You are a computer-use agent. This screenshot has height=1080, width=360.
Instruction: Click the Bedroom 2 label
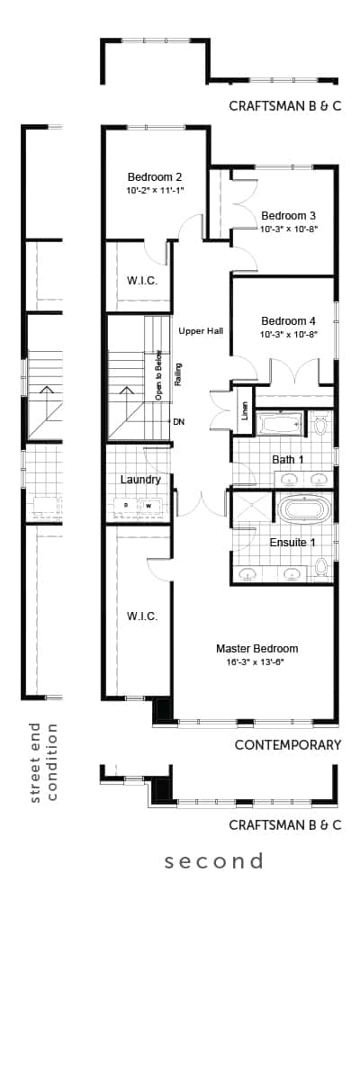click(x=154, y=177)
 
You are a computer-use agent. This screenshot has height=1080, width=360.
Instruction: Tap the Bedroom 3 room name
click(x=288, y=215)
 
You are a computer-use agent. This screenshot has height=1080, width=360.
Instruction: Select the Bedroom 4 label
click(x=288, y=320)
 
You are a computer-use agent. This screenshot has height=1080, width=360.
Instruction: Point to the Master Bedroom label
click(x=256, y=649)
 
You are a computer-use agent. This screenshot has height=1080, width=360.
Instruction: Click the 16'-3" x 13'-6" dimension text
click(x=256, y=662)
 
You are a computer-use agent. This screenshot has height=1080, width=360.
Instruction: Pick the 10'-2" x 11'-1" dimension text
click(x=156, y=191)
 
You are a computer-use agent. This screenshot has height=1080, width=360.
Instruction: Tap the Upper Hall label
click(x=201, y=331)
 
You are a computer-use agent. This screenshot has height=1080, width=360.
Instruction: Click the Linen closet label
click(x=244, y=410)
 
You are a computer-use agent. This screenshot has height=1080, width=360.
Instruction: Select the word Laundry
click(x=140, y=480)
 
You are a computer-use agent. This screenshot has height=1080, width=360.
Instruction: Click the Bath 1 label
click(x=288, y=460)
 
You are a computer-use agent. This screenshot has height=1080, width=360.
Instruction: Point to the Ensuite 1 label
click(x=292, y=543)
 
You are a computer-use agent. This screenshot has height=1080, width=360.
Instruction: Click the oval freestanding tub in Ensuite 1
click(x=304, y=510)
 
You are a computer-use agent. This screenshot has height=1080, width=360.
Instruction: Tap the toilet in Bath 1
click(x=319, y=423)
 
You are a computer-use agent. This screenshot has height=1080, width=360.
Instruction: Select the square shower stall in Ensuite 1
click(x=252, y=506)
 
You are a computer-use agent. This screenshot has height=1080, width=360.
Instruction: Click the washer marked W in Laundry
click(x=149, y=506)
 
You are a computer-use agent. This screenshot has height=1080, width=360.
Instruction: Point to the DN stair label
click(x=178, y=422)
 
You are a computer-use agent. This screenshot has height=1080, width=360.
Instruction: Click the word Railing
click(x=178, y=374)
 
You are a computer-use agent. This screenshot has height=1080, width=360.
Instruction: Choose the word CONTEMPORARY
click(x=288, y=745)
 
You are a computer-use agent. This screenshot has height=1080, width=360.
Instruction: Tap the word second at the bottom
click(x=214, y=860)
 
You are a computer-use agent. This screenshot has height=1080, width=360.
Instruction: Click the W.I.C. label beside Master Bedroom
click(x=142, y=616)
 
